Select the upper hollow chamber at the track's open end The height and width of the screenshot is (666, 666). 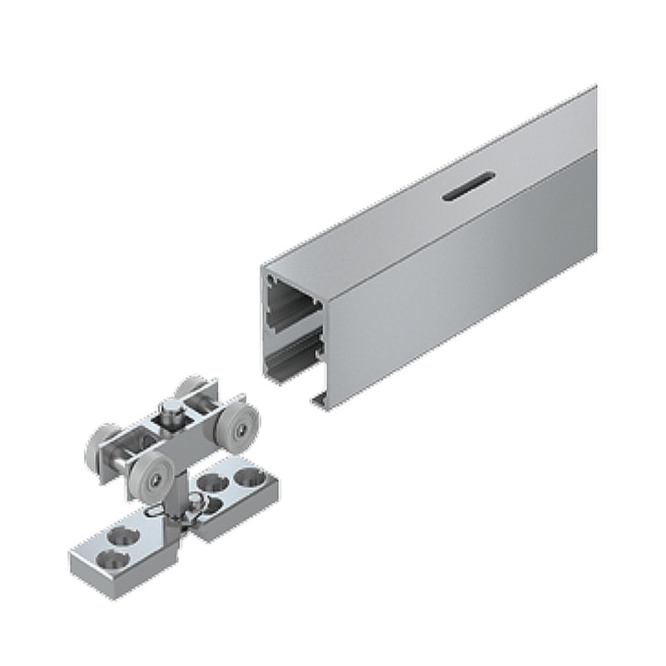[x=293, y=306]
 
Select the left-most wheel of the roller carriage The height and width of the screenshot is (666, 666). [x=101, y=445]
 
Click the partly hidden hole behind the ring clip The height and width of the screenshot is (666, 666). [x=213, y=504]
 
